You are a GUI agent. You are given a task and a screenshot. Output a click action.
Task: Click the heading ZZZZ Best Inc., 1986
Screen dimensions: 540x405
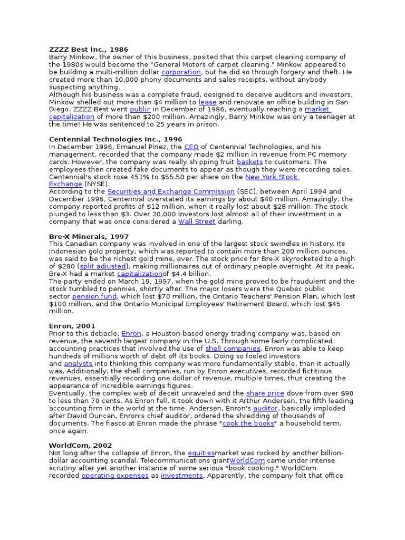[x=89, y=50]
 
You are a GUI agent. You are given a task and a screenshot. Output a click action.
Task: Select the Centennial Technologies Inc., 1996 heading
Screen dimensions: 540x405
[x=115, y=139]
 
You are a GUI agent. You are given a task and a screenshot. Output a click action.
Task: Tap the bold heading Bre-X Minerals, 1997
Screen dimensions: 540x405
[x=89, y=237]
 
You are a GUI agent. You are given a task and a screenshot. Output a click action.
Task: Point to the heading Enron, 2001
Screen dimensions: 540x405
[x=72, y=326]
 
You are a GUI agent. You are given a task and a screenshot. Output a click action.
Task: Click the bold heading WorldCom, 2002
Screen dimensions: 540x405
[x=80, y=446]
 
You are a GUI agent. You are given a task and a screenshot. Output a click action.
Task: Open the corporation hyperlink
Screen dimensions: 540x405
[x=181, y=72]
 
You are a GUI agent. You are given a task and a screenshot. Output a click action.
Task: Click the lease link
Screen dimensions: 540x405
[x=207, y=102]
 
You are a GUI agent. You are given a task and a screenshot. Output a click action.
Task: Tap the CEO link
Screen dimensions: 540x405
[x=191, y=147]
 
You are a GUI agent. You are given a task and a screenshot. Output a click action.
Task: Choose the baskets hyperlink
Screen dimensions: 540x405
[x=249, y=162]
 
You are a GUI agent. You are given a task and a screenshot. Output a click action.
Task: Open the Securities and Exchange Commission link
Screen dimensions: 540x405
[x=171, y=191]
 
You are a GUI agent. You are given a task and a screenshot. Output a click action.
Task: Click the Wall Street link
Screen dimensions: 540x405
[x=197, y=222]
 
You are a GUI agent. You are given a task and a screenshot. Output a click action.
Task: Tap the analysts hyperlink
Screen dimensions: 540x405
[x=78, y=364]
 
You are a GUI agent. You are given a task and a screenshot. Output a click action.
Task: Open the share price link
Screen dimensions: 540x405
[x=265, y=393]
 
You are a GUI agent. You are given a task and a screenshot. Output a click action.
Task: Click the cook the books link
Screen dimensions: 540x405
[x=248, y=423]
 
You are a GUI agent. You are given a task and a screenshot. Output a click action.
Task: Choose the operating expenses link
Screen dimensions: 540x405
[x=114, y=476]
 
